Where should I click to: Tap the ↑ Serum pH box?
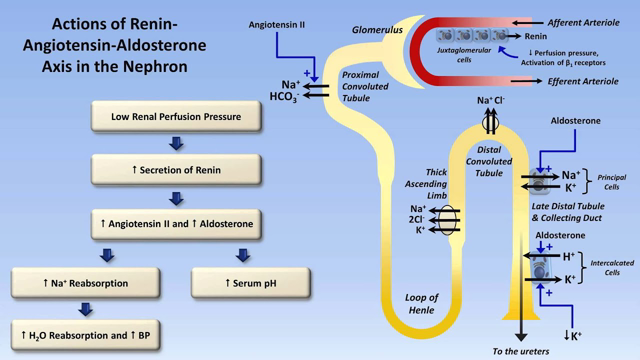(241, 284)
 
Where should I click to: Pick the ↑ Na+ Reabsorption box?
(84, 284)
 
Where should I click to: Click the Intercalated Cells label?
(610, 266)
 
